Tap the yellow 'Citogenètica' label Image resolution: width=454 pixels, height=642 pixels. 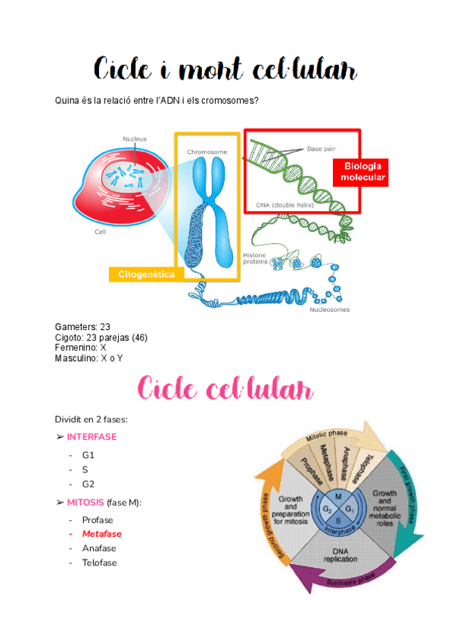pos(147,274)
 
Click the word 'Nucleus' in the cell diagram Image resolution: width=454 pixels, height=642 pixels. pos(135,139)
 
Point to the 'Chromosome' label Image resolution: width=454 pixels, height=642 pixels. pos(207,152)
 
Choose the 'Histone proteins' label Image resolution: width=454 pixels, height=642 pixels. pos(255,258)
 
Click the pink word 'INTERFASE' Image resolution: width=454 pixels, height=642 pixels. pos(92,438)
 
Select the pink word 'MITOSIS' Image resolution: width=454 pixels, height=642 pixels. pos(85,503)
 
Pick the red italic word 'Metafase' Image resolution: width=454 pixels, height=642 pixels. pos(101,534)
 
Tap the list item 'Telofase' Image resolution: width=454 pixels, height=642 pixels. pos(99,563)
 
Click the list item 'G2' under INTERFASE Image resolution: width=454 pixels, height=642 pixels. pos(89,484)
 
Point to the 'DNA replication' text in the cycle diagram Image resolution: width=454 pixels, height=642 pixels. pos(335,554)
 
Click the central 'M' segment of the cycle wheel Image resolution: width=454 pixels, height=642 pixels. pos(338,496)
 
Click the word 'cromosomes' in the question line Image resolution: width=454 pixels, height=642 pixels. pos(231,101)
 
